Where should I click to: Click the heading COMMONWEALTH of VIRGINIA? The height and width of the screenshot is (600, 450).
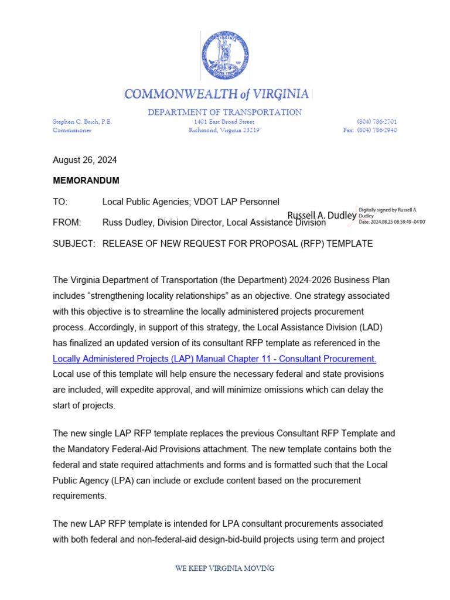tap(217, 94)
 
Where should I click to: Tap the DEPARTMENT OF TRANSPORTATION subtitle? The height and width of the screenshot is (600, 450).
tap(225, 112)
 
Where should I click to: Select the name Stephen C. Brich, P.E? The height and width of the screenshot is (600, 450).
tap(83, 121)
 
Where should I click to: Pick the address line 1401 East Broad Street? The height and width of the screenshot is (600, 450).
tap(224, 121)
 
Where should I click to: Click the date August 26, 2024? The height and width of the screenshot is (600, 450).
tap(84, 160)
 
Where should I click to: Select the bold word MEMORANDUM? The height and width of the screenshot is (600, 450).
tap(86, 180)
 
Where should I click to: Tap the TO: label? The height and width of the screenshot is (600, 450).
tap(60, 202)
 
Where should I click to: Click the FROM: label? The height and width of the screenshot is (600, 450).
tap(67, 223)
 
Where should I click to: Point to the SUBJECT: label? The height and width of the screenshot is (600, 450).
tap(74, 243)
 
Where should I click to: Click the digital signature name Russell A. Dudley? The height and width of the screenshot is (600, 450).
tap(322, 216)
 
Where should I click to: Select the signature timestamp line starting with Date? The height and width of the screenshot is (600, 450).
tap(391, 221)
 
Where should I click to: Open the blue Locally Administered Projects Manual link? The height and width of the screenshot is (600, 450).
tap(214, 359)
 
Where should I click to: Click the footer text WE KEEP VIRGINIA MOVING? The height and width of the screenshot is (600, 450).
tap(225, 568)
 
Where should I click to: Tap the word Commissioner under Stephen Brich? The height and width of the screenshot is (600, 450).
tap(72, 130)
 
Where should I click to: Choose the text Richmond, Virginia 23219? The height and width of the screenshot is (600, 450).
tap(224, 130)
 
